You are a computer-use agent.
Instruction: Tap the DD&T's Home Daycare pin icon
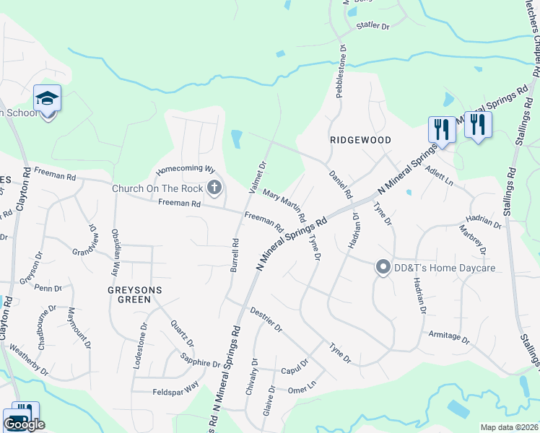383,268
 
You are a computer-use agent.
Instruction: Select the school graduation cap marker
48,98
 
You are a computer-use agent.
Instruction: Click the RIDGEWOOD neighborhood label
360,140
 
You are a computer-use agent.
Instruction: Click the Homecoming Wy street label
186,170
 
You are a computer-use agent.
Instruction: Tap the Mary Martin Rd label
284,205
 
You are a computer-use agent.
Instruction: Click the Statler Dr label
373,26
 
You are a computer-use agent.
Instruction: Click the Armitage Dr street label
448,338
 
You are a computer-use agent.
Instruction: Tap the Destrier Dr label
266,318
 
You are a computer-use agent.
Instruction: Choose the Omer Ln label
302,388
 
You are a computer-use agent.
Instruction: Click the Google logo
24,424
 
